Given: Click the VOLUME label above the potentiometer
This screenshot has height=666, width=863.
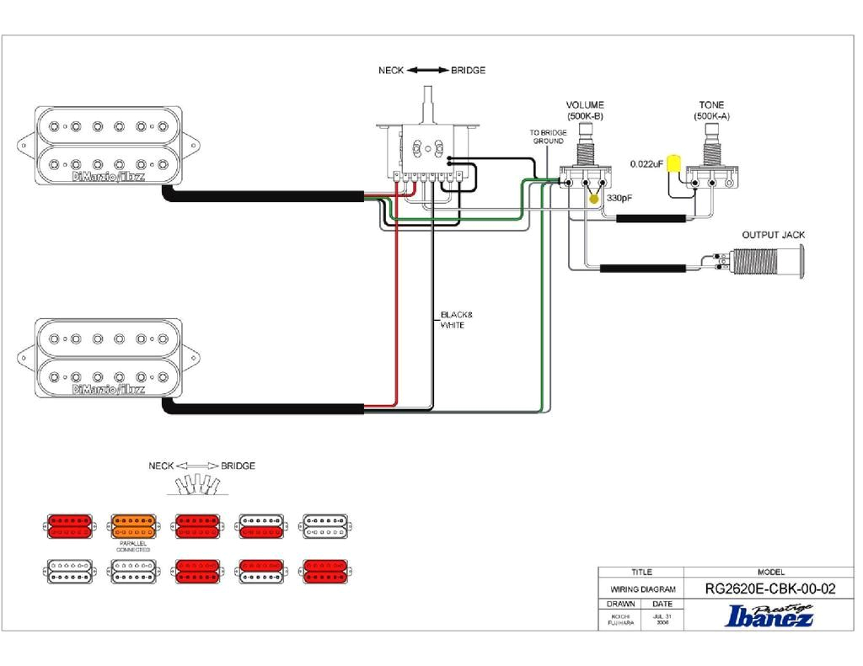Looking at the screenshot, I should [584, 105].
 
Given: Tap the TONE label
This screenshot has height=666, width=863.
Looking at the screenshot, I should [711, 105].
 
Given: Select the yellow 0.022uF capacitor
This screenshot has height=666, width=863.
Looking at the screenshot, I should [673, 163].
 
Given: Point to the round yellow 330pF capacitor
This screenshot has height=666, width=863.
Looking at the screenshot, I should [595, 200].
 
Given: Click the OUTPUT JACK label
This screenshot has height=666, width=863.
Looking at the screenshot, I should [772, 235].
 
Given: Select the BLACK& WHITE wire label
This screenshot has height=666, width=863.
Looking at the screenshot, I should [453, 320].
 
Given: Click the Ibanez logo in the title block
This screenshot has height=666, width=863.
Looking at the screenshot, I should [769, 616].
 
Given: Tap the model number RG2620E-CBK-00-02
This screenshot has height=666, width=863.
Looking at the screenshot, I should [769, 589].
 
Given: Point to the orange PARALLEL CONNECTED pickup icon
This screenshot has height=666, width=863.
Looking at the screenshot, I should [132, 527].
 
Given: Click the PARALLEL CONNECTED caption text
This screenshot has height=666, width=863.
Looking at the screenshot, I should [132, 546].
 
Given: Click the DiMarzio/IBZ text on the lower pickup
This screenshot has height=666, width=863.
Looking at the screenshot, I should [109, 390].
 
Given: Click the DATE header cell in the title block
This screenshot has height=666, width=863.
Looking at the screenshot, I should [662, 604].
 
